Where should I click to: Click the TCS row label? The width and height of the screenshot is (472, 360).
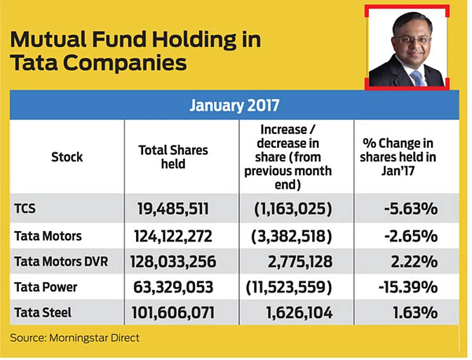(25, 209)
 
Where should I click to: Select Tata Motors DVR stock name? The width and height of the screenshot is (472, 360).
(61, 261)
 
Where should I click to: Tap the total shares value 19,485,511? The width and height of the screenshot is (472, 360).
(173, 209)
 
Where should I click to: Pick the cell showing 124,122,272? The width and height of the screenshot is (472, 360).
(173, 236)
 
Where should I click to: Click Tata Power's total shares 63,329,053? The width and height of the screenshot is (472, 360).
(173, 287)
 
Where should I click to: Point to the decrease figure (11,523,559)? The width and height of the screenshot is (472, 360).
(289, 287)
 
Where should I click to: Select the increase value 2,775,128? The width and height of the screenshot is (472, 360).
(300, 262)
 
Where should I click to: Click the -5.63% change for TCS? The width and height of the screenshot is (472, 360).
(411, 209)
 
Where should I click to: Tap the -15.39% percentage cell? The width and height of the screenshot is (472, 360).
(408, 287)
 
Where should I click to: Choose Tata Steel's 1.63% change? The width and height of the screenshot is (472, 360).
(415, 312)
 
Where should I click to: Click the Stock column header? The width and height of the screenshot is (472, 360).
(67, 157)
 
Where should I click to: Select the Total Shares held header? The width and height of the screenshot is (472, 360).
(173, 157)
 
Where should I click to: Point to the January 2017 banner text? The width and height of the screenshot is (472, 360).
(235, 105)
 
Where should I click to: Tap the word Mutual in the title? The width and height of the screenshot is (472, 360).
(48, 39)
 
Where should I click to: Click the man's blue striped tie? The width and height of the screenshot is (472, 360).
(418, 78)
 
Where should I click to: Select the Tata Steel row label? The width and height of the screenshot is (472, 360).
(43, 312)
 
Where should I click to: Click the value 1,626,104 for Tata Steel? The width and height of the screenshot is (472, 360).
(299, 312)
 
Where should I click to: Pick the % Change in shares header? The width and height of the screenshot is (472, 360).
(398, 157)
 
